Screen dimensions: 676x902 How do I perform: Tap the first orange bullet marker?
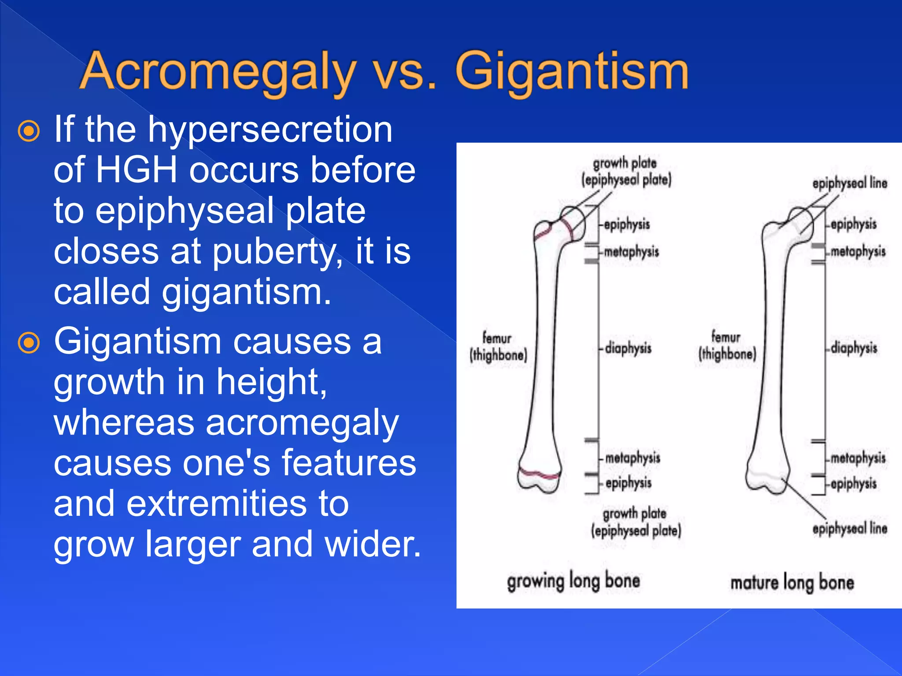[29, 131]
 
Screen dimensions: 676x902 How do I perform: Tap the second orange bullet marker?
[29, 343]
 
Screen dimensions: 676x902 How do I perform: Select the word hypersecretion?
[270, 130]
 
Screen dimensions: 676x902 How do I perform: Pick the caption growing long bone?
[573, 581]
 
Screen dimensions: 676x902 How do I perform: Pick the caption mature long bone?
[792, 583]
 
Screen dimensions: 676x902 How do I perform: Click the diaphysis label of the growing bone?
[628, 348]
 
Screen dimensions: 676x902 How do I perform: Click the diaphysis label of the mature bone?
[854, 348]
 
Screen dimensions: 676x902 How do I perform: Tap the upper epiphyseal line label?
[849, 183]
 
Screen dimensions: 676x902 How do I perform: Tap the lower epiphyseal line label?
[849, 528]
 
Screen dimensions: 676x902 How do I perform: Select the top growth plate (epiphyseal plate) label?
[626, 172]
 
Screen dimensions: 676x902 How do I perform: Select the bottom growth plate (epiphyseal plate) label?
[636, 522]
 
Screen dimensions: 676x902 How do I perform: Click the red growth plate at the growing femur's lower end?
[540, 474]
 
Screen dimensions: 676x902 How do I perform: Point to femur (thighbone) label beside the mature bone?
[727, 346]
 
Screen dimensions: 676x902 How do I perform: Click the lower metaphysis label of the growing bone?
[632, 458]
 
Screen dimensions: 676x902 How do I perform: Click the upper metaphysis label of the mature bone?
[858, 252]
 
